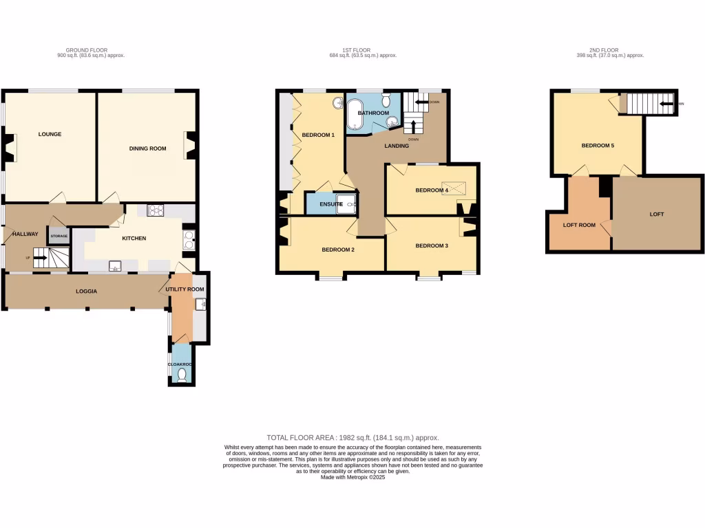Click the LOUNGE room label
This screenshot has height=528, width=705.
[x=50, y=134]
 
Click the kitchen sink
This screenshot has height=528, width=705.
[x=114, y=265]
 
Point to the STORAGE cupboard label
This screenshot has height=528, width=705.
[x=59, y=236]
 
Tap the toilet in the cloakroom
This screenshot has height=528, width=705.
[x=182, y=375]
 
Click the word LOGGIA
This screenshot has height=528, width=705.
[x=86, y=291]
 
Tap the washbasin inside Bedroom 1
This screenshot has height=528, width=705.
[x=338, y=103]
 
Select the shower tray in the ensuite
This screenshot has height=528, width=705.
[x=348, y=204]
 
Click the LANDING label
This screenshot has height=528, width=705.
[x=397, y=146]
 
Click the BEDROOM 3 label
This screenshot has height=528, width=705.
[x=432, y=245]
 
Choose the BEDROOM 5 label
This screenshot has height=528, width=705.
[x=598, y=146]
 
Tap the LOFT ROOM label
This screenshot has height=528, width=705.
[x=579, y=225]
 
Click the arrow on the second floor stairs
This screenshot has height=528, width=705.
[x=666, y=104]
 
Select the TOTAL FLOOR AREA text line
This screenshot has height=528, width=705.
[x=352, y=438]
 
